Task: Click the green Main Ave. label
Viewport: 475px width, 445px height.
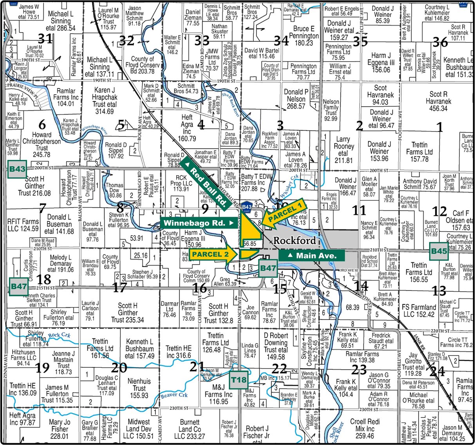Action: pyautogui.click(x=312, y=256)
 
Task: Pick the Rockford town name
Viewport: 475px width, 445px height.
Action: pyautogui.click(x=294, y=240)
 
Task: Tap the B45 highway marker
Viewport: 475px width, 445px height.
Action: pyautogui.click(x=439, y=251)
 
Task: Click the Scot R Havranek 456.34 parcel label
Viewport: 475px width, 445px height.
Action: pyautogui.click(x=438, y=101)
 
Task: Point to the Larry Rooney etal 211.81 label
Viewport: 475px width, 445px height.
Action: pyautogui.click(x=343, y=149)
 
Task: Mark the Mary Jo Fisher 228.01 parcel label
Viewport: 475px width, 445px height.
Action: pyautogui.click(x=60, y=429)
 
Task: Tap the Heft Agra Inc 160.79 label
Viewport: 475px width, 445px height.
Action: pyautogui.click(x=187, y=127)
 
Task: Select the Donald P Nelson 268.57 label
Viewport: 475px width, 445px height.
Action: pyautogui.click(x=296, y=99)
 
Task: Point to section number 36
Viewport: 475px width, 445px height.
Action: pyautogui.click(x=440, y=42)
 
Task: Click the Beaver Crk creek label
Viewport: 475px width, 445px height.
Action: pyautogui.click(x=175, y=396)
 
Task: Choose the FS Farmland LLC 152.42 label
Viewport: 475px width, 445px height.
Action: pyautogui.click(x=419, y=310)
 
